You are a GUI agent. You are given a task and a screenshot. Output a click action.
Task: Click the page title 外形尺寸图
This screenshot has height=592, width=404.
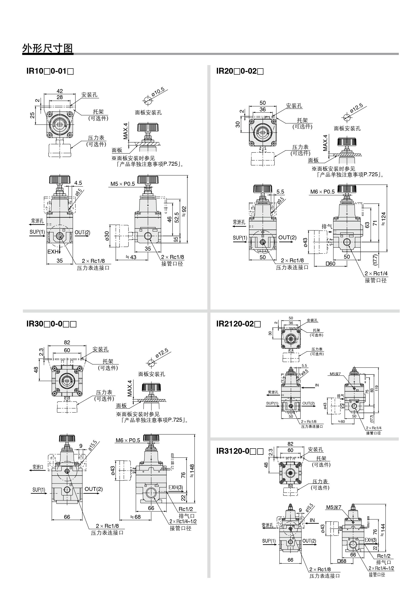(x=48, y=48)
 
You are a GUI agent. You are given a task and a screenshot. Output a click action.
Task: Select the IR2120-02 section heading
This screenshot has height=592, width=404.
(x=238, y=324)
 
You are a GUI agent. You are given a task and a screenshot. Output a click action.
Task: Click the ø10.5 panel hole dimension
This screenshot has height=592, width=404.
(x=158, y=92)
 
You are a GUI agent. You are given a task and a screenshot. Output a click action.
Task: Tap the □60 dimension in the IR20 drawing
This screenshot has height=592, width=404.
(x=331, y=264)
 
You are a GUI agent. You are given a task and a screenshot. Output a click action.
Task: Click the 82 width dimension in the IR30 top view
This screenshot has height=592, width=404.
(x=67, y=342)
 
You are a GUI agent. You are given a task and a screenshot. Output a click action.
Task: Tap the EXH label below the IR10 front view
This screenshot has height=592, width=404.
(x=53, y=252)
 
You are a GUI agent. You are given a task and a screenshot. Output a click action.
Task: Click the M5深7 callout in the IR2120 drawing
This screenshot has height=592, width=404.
(x=335, y=374)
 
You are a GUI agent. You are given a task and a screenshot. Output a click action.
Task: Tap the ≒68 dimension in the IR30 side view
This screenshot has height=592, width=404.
(x=135, y=517)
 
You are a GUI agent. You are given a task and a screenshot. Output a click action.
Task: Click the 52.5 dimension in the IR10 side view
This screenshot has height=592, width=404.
(x=176, y=217)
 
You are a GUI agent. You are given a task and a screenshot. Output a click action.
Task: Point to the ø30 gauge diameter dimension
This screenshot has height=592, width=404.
(x=107, y=236)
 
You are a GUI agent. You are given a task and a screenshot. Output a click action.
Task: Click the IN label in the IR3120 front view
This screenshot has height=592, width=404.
(x=312, y=521)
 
